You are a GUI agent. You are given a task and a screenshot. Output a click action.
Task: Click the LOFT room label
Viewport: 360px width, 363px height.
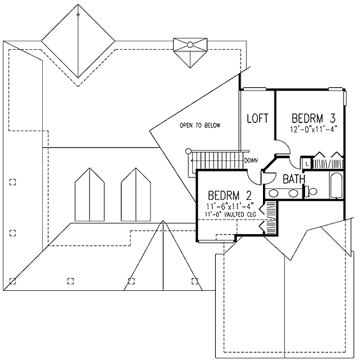point(257,118)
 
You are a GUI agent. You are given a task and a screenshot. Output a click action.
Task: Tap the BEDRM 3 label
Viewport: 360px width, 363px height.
point(313,118)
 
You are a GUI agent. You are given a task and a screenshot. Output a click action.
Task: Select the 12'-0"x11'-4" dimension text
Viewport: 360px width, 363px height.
point(313,129)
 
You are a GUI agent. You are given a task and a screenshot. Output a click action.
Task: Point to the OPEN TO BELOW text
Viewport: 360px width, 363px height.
point(200,125)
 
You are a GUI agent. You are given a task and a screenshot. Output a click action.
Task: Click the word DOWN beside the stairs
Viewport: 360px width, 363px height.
point(251,160)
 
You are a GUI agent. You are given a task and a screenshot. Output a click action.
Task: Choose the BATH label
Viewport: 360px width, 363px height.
point(294,179)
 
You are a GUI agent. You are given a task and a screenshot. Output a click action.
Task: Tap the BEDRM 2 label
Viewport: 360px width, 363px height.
point(230,195)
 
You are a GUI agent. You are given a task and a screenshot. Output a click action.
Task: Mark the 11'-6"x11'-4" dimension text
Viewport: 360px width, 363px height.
point(230,205)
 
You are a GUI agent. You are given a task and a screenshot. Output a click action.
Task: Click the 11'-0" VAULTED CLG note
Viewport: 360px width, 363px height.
point(230,214)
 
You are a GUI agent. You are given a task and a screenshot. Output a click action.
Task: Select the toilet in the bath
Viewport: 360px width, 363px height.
point(311,191)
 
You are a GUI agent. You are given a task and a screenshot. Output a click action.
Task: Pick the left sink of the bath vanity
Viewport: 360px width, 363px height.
point(273,193)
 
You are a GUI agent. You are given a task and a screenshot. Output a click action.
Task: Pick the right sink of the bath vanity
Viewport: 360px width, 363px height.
point(293,193)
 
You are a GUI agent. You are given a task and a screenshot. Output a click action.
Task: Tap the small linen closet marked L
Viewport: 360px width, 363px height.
point(306,163)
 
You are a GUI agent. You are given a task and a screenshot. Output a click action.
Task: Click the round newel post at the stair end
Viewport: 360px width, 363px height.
point(188,151)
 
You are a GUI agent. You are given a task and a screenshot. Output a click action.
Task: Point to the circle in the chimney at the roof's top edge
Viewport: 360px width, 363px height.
point(190,45)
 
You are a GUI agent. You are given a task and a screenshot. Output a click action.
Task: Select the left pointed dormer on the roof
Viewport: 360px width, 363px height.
point(89,195)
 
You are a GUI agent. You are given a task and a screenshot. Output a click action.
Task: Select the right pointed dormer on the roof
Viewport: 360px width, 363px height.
point(136,195)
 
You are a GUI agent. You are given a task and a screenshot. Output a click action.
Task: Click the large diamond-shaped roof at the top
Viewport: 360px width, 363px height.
point(78,41)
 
